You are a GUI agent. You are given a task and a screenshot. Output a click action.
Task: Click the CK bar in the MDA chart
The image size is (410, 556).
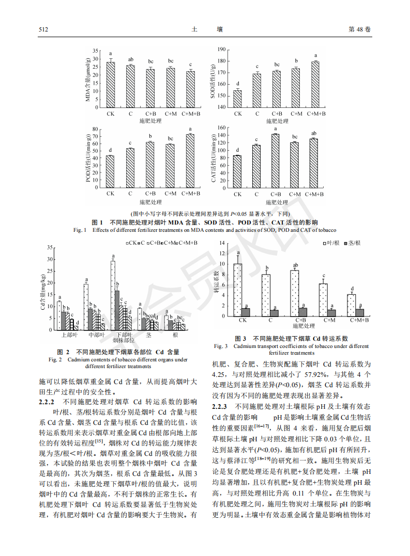(110, 85)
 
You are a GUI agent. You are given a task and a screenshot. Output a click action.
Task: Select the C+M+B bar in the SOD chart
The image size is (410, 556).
(315, 84)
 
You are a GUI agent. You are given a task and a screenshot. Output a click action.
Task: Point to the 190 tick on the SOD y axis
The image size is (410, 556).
(222, 50)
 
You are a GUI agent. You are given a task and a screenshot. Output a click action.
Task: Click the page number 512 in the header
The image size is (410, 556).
(43, 29)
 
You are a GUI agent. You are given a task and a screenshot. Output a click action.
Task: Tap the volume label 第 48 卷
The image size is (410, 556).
(360, 29)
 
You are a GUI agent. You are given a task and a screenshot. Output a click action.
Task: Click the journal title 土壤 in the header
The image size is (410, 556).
(205, 29)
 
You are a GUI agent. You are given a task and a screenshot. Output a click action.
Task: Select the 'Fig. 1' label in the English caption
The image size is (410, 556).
(80, 230)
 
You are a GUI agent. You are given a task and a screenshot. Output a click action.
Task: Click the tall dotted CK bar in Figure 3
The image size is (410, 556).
(238, 290)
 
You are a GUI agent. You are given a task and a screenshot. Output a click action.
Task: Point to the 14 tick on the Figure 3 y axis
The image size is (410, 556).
(223, 243)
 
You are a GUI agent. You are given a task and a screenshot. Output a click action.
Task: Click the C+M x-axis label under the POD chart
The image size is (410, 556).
(171, 193)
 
